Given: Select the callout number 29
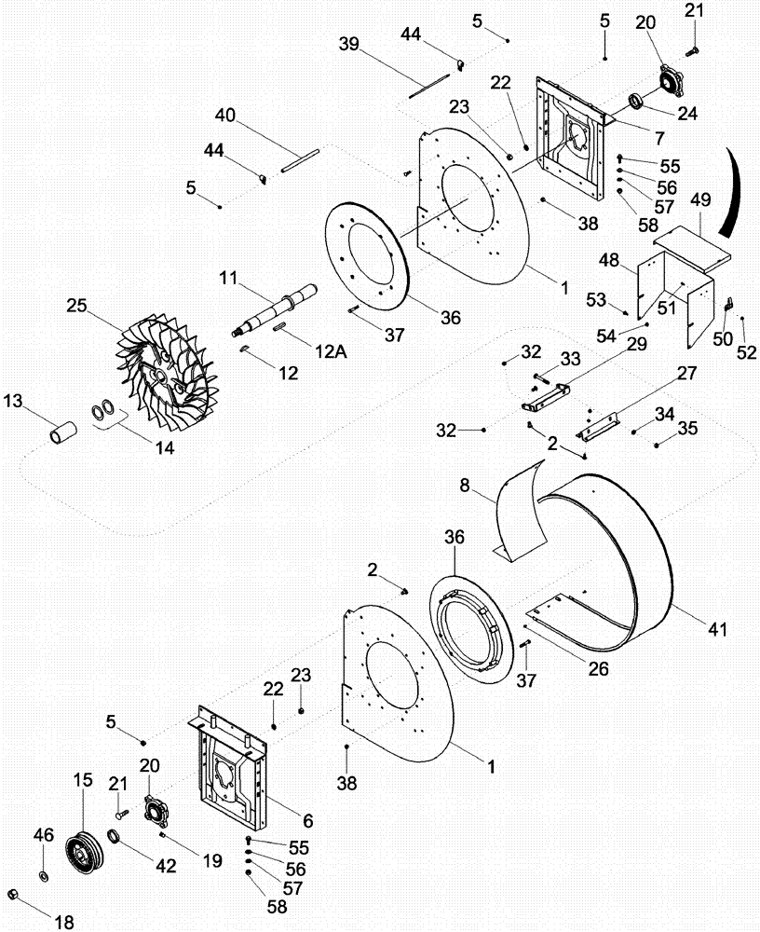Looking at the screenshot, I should pyautogui.click(x=637, y=344).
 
